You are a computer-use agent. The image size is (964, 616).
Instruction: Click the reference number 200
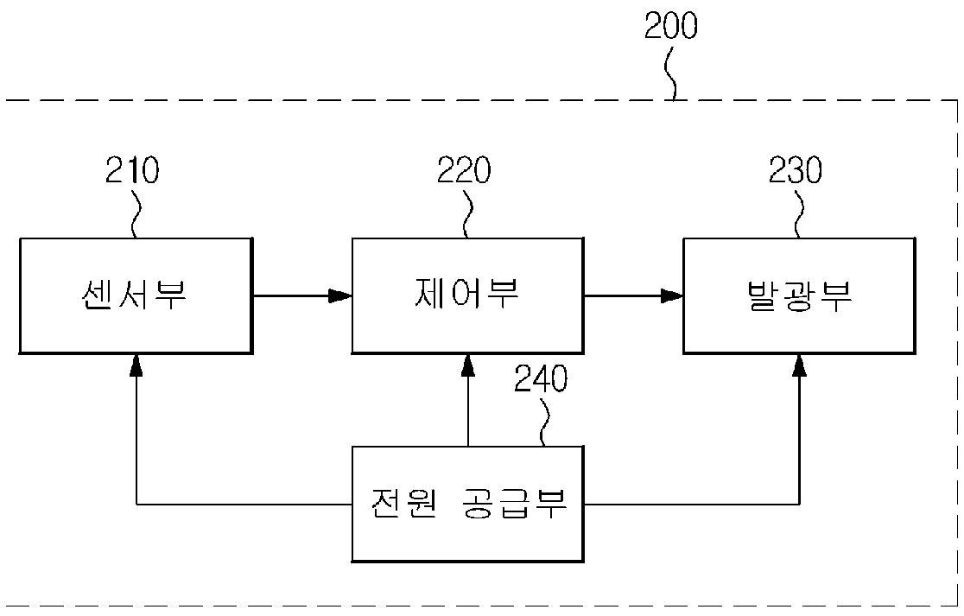671,26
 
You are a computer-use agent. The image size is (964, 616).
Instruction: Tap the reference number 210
132,170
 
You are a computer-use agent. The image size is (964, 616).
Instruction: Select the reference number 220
464,170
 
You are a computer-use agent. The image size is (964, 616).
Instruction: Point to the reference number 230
796,170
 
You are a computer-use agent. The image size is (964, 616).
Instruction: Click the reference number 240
541,379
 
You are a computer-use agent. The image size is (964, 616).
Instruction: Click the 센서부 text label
133,295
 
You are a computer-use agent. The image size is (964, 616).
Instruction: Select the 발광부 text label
799,295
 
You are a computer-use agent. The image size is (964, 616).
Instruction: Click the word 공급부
514,503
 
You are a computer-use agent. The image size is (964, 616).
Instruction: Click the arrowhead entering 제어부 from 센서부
340,296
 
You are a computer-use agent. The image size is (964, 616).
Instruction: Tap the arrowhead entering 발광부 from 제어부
672,296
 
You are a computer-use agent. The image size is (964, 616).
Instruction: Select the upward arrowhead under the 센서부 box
136,365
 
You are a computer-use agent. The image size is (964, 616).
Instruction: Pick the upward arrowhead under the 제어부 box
468,365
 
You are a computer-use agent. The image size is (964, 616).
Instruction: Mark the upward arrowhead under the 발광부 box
799,365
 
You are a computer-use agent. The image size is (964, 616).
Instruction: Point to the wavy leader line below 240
543,423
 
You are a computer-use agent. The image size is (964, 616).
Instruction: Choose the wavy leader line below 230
799,214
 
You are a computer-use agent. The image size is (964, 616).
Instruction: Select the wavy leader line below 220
467,214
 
